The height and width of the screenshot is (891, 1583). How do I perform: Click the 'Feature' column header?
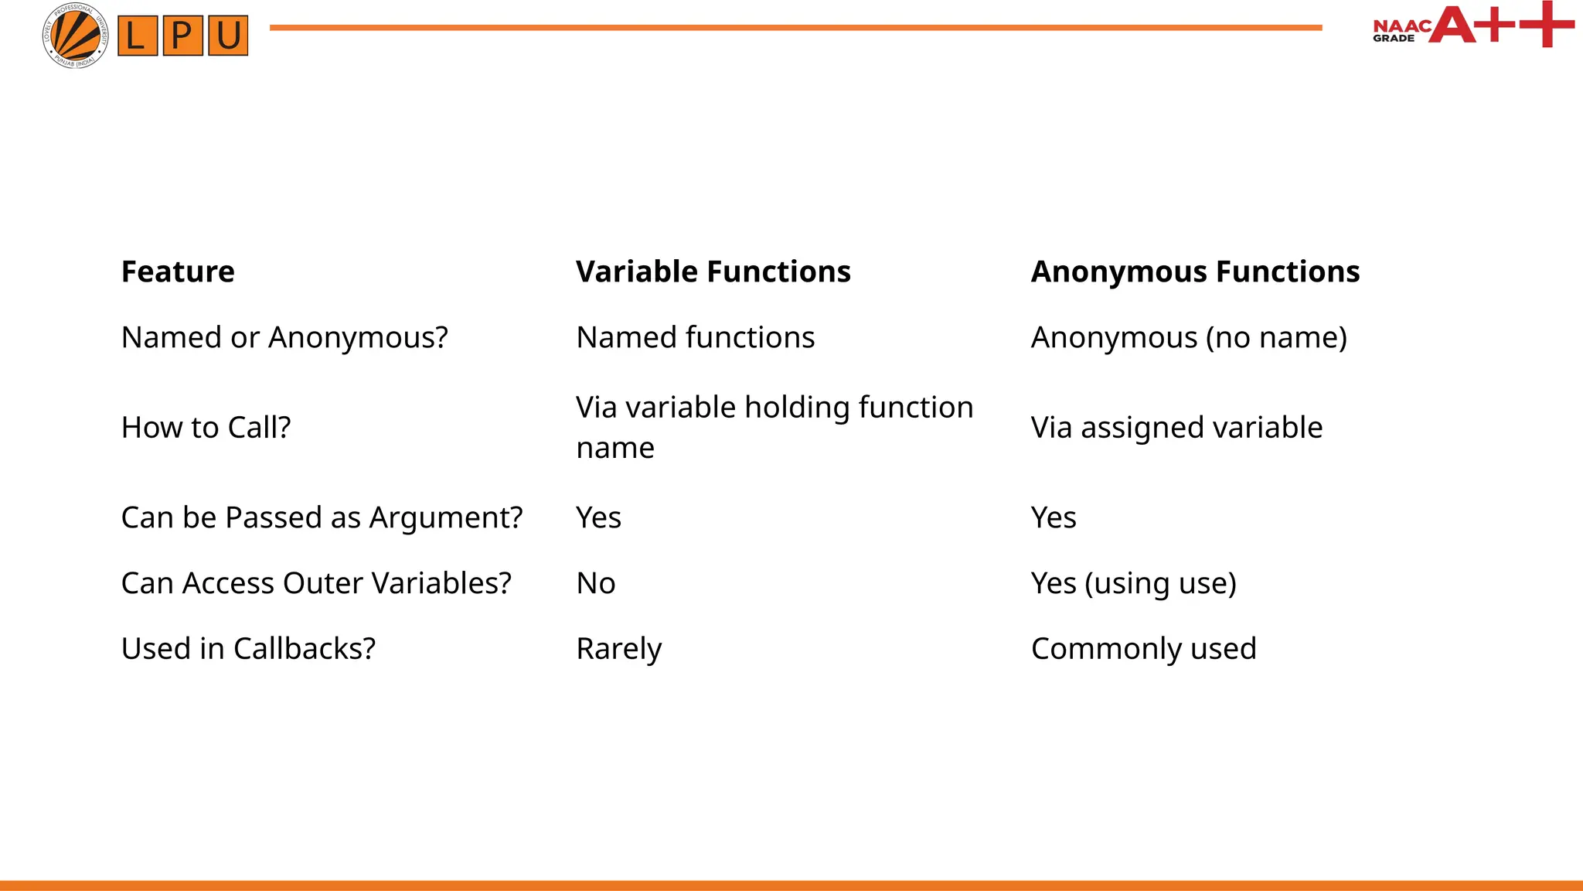(x=178, y=272)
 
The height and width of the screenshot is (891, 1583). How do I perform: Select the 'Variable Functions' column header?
(x=713, y=272)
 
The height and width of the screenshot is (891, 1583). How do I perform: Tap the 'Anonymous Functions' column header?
(x=1195, y=272)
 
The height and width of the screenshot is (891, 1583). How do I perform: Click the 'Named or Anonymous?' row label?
(x=284, y=338)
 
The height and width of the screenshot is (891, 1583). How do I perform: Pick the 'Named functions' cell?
(x=695, y=338)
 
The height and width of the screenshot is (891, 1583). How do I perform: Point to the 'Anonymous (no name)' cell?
(x=1189, y=338)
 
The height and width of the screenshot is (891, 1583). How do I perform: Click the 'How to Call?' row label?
(x=206, y=428)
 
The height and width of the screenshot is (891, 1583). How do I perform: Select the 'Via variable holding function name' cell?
(x=774, y=427)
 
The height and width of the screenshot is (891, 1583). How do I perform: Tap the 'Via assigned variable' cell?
(x=1176, y=428)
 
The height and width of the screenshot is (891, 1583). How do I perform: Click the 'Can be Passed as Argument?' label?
(x=322, y=517)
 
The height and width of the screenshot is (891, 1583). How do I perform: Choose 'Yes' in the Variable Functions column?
(x=598, y=517)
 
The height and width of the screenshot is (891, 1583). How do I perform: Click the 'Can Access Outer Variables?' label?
(x=316, y=583)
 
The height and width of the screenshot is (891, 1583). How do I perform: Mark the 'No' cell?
(x=595, y=583)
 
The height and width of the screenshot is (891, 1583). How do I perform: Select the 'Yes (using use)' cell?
(x=1133, y=583)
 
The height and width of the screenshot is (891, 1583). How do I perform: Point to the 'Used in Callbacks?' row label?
(x=248, y=649)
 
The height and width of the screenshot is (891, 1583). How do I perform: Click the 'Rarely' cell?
(x=618, y=649)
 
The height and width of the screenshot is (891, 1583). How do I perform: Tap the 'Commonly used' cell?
(x=1143, y=649)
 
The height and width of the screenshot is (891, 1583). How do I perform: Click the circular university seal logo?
(x=75, y=36)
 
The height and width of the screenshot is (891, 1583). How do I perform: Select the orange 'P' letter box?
(x=182, y=36)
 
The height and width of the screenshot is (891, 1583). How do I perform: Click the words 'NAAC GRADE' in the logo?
(x=1400, y=31)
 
